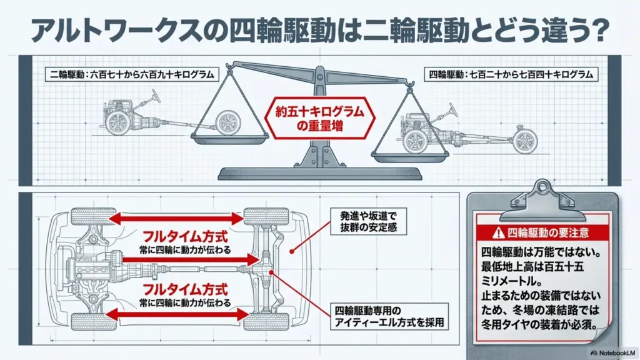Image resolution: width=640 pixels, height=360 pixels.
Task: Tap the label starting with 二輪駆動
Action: [x=131, y=75]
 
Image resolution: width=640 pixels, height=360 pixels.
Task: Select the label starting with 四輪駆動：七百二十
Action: [x=511, y=75]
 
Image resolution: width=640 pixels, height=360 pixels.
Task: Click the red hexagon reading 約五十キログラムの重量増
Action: [x=319, y=118]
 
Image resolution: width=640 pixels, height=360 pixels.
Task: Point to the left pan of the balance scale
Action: [x=231, y=139]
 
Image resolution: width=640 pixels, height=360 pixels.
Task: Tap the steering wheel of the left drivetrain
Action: [x=155, y=96]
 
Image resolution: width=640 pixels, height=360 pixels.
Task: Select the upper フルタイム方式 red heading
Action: [x=185, y=237]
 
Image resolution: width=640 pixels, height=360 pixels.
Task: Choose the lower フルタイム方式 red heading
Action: [x=185, y=290]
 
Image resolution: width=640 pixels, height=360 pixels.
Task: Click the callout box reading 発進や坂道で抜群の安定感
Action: [x=369, y=222]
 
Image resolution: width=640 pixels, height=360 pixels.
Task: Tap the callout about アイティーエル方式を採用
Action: [x=389, y=316]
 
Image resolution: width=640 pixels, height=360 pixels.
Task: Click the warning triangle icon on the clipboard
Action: [x=498, y=233]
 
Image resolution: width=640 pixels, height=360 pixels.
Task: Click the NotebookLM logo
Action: [x=613, y=352]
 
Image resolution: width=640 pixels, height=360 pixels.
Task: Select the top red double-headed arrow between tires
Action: [x=176, y=218]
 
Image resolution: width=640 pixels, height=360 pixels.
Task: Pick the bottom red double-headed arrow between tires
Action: [x=177, y=314]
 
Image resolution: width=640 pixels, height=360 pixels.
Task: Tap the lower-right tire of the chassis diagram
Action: [x=266, y=322]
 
